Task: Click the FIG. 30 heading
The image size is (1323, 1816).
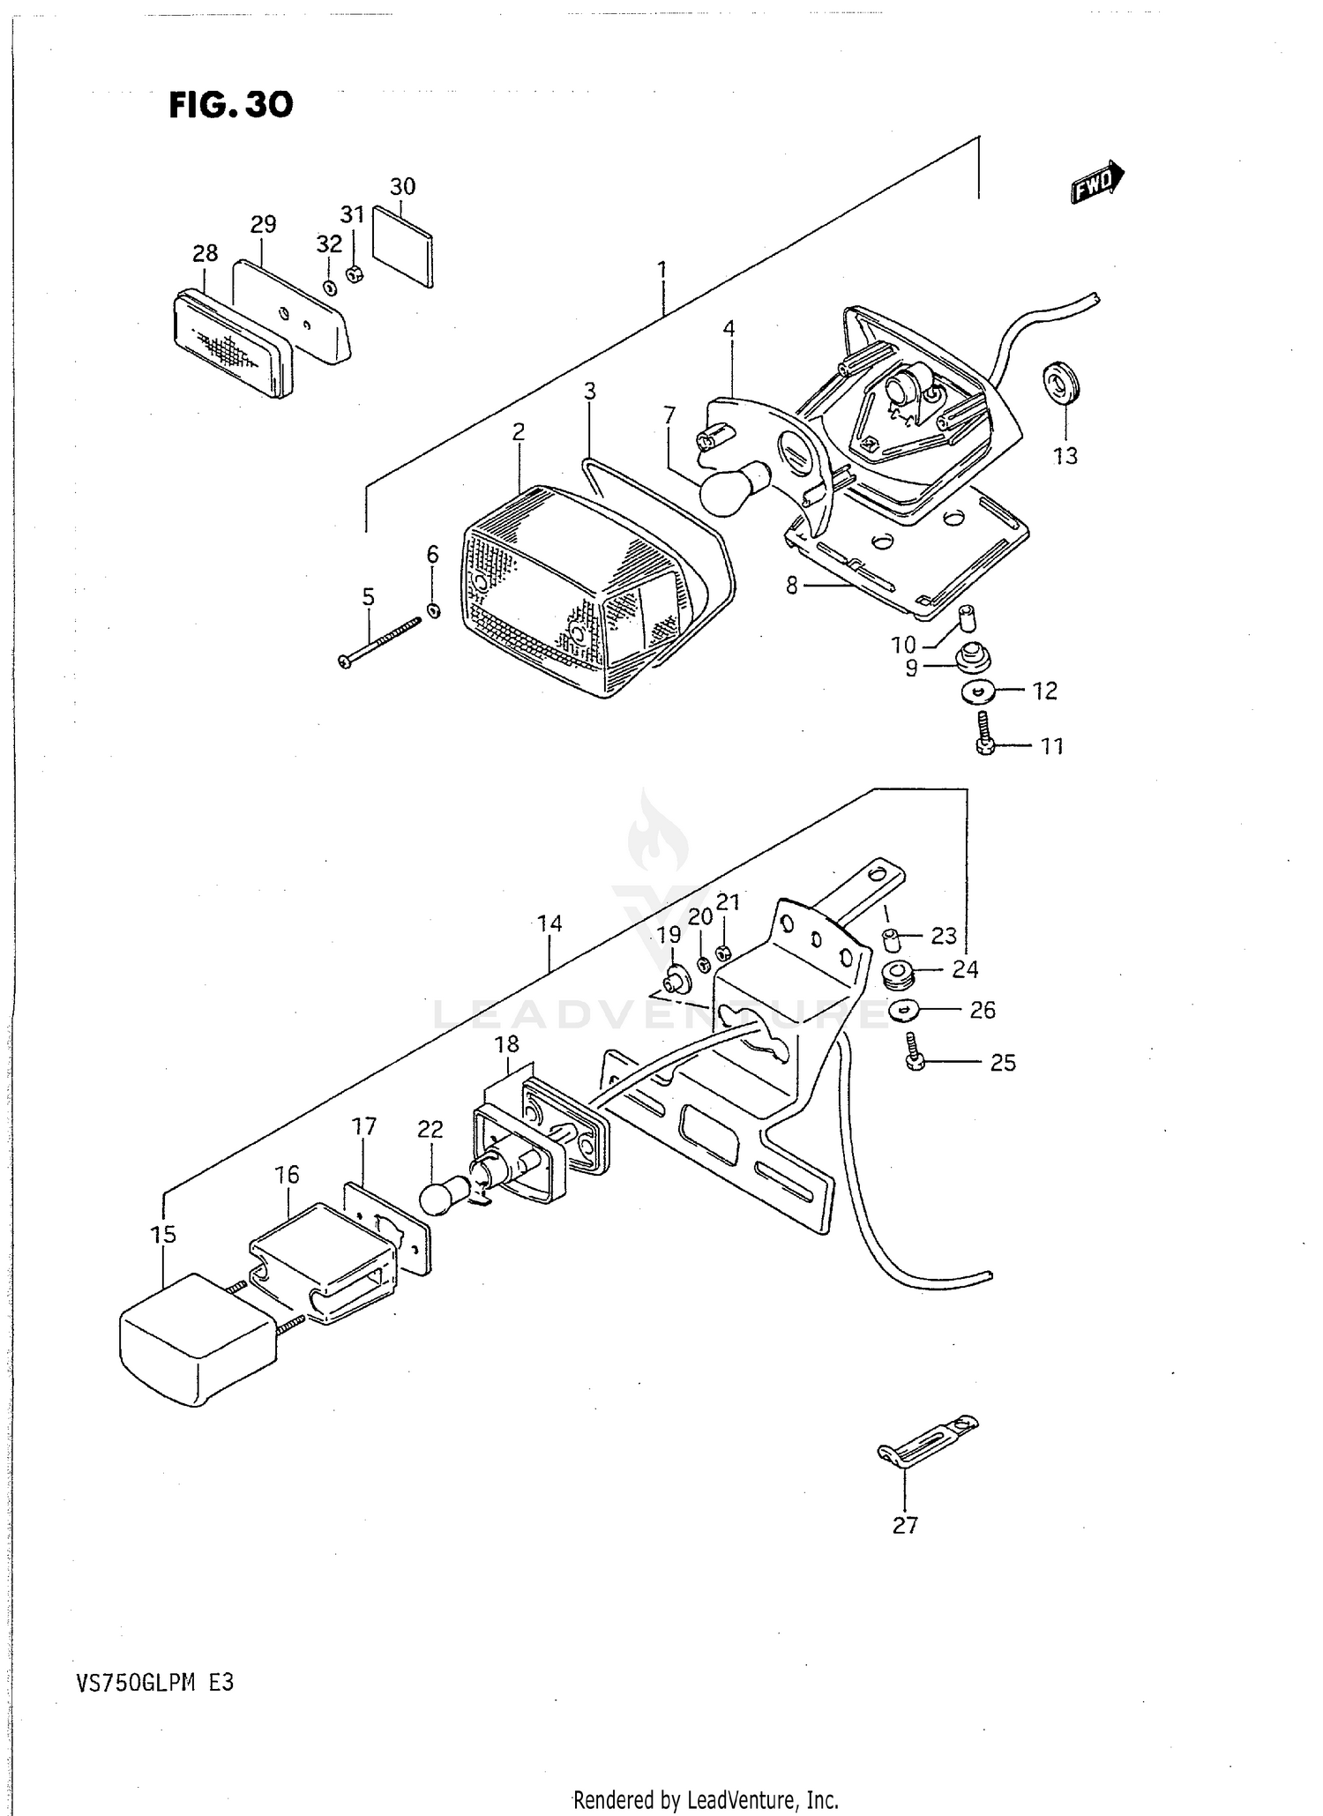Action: [231, 105]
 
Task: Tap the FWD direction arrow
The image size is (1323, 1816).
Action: [1097, 181]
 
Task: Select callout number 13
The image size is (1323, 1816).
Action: [1065, 456]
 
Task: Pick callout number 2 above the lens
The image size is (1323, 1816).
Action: [519, 431]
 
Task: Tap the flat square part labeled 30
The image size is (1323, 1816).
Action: [403, 246]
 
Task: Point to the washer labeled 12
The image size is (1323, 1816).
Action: [978, 691]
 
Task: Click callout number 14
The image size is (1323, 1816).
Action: [549, 923]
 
